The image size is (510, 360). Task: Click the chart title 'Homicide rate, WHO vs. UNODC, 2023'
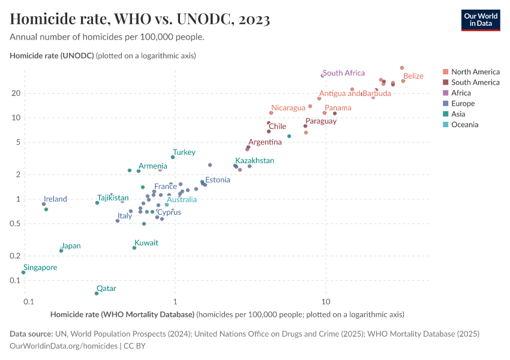pyautogui.click(x=140, y=19)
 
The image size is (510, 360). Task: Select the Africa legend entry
pyautogui.click(x=461, y=93)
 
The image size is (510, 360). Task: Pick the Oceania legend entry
pyautogui.click(x=464, y=125)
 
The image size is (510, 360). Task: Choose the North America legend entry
pyautogui.click(x=475, y=72)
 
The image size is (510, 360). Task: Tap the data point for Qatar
pyautogui.click(x=97, y=293)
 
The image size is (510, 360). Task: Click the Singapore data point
pyautogui.click(x=23, y=272)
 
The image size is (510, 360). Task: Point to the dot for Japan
pyautogui.click(x=61, y=251)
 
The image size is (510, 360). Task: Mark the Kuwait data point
pyautogui.click(x=134, y=248)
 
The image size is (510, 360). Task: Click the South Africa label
pyautogui.click(x=344, y=73)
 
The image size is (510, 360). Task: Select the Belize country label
pyautogui.click(x=413, y=76)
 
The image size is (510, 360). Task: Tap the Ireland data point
pyautogui.click(x=44, y=204)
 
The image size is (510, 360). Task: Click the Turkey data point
pyautogui.click(x=173, y=157)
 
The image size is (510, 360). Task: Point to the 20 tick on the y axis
pyautogui.click(x=16, y=93)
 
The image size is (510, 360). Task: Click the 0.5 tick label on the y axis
pyautogui.click(x=14, y=224)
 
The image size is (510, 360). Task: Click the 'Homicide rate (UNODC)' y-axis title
pyautogui.click(x=52, y=56)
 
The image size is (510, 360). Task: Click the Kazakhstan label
pyautogui.click(x=255, y=161)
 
